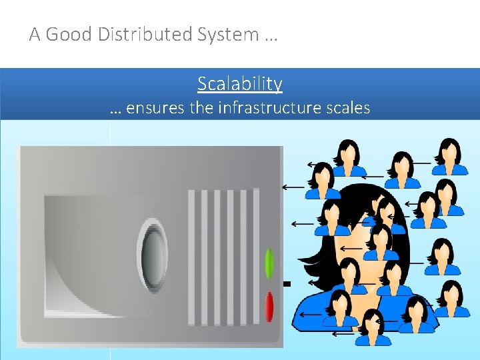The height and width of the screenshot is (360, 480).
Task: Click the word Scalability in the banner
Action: tap(240, 84)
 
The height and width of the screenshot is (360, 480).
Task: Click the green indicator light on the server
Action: tap(269, 263)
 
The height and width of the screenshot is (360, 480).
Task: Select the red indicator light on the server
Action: tap(269, 307)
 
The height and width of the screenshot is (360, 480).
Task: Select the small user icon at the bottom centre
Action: tap(373, 327)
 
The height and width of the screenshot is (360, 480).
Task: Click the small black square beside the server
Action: tap(287, 284)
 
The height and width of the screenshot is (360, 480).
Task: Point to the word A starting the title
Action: tap(35, 35)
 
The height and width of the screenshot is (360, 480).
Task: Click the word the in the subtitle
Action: tap(201, 108)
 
